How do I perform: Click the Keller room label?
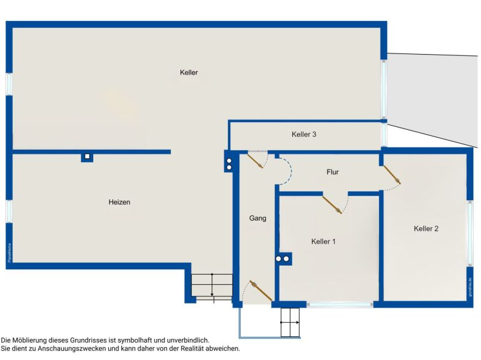[189, 73]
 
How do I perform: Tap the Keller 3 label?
[304, 135]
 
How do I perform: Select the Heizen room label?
[120, 203]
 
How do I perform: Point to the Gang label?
[257, 218]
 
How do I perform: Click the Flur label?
[332, 172]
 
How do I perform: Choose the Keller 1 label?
[323, 242]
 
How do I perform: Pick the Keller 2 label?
[426, 228]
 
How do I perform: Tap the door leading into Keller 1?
[332, 204]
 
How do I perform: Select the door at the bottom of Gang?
[261, 291]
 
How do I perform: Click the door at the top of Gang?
[255, 160]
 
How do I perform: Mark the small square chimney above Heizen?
[87, 157]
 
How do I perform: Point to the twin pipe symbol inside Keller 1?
[283, 259]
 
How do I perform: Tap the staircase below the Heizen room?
[212, 286]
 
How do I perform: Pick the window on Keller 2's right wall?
[470, 232]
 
